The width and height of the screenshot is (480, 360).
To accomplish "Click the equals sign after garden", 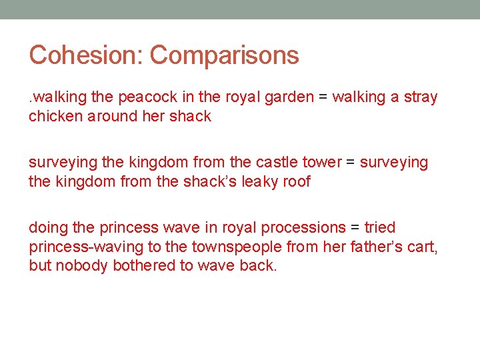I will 323,97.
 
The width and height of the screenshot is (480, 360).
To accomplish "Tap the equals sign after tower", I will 351,163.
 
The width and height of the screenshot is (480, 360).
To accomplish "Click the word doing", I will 46,228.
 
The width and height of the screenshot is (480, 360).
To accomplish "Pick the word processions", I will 299,228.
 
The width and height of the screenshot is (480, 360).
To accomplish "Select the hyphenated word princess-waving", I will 86,247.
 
